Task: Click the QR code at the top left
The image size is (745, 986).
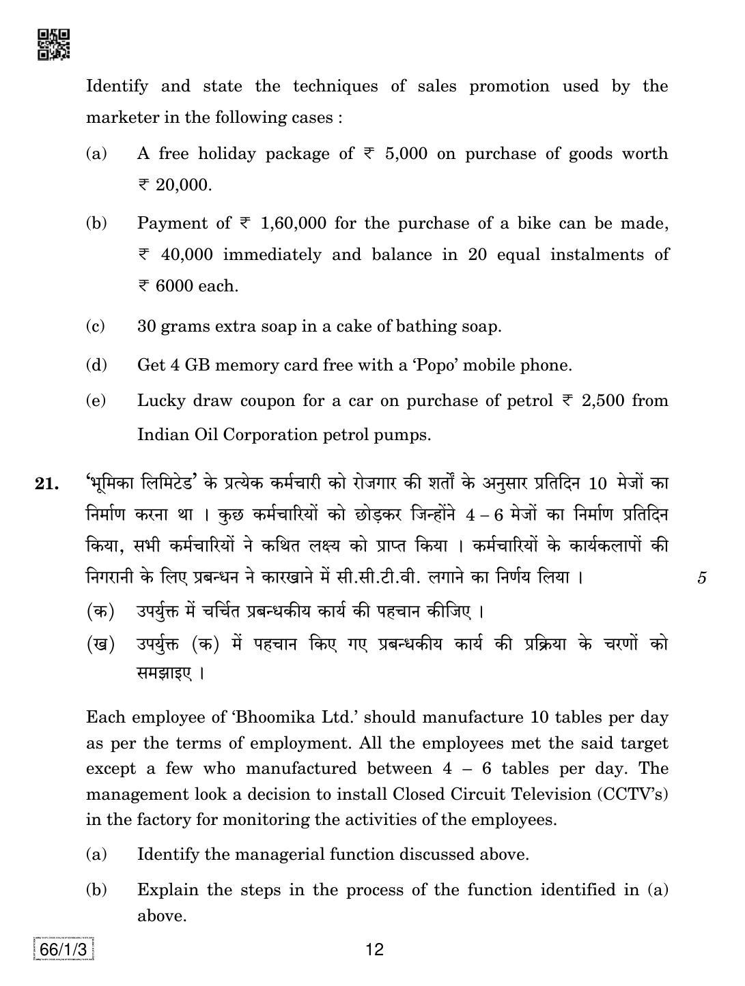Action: coord(53,44)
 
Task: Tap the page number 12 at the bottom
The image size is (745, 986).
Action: coord(375,949)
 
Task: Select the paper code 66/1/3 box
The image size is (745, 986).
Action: coord(63,950)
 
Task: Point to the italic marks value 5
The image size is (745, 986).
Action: coord(702,578)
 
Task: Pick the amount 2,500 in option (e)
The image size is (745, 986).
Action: coord(603,401)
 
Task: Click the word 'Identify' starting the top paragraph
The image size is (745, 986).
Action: coord(117,86)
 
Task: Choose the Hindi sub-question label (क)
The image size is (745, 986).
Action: coord(100,611)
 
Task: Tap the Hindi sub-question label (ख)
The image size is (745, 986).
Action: coord(100,644)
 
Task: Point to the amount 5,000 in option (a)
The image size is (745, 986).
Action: coord(406,154)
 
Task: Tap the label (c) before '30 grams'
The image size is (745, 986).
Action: coord(96,326)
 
